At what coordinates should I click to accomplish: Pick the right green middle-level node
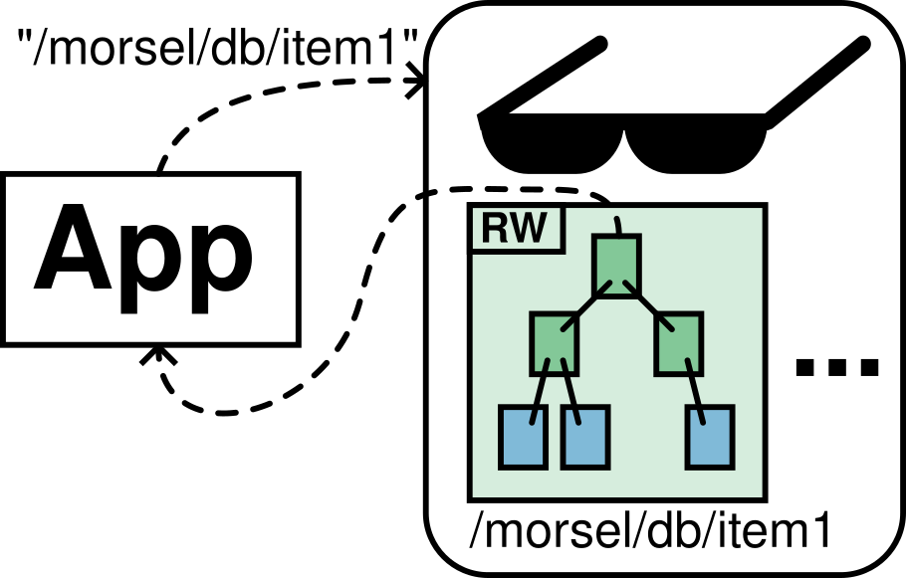pos(679,343)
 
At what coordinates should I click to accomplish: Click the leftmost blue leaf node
pos(523,437)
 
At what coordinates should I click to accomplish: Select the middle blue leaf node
pos(584,437)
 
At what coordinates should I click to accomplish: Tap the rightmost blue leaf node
pos(710,437)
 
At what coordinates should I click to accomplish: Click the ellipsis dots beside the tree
pos(837,367)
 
